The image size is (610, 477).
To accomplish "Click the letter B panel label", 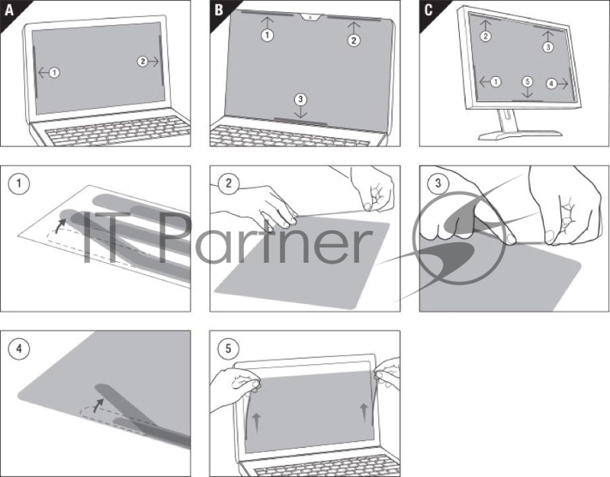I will [x=219, y=8].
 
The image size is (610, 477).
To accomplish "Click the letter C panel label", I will [x=429, y=8].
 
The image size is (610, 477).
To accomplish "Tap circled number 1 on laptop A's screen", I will [x=54, y=72].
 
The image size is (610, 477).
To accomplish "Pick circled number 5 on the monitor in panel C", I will [x=526, y=82].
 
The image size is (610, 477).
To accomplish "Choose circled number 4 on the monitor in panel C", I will [x=551, y=82].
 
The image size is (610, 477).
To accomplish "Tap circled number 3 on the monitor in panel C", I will [x=547, y=47].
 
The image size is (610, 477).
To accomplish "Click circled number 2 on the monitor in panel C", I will [x=486, y=36].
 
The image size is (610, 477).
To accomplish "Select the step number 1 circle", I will [x=16, y=183].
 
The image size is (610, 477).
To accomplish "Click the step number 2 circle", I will [x=226, y=183].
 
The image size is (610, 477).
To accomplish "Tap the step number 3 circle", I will [x=437, y=183].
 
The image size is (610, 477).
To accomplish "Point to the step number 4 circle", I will [x=16, y=348].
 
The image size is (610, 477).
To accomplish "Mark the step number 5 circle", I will [x=226, y=348].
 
